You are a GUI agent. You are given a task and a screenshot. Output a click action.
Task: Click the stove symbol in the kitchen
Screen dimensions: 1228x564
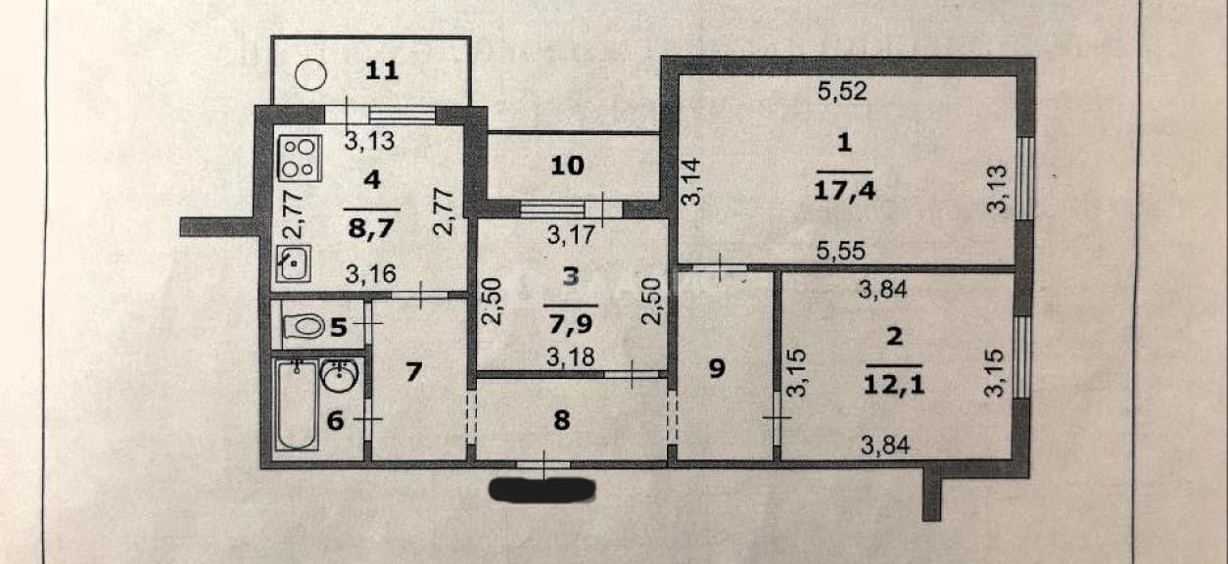pyautogui.click(x=300, y=158)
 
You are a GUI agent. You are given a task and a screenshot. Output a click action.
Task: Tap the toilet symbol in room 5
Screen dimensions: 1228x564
pyautogui.click(x=304, y=327)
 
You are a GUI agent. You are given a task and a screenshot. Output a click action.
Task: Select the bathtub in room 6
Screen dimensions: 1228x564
pyautogui.click(x=296, y=404)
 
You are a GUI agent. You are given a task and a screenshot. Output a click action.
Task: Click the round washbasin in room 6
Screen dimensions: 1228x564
pyautogui.click(x=340, y=375)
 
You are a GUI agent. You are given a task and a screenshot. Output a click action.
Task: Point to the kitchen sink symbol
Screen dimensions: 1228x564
pyautogui.click(x=294, y=263)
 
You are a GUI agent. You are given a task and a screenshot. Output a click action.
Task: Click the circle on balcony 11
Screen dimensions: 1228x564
pyautogui.click(x=310, y=74)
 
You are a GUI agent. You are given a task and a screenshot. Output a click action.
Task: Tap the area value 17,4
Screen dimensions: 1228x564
pyautogui.click(x=844, y=191)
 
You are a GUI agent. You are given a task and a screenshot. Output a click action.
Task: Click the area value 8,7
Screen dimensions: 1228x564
pyautogui.click(x=371, y=227)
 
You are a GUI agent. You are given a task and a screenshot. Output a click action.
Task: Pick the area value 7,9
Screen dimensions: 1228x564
pyautogui.click(x=571, y=323)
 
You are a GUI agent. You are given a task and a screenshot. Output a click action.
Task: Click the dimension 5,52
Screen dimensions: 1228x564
pyautogui.click(x=842, y=91)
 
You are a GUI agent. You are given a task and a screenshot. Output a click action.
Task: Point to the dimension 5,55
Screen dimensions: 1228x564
pyautogui.click(x=841, y=251)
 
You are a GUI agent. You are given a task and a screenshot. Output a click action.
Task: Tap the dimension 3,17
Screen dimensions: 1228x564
pyautogui.click(x=571, y=235)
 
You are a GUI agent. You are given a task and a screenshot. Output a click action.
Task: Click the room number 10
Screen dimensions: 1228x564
pyautogui.click(x=567, y=165)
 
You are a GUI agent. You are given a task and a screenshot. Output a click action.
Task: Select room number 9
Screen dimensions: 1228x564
pyautogui.click(x=717, y=368)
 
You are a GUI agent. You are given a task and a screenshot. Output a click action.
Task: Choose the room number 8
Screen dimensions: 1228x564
pyautogui.click(x=562, y=421)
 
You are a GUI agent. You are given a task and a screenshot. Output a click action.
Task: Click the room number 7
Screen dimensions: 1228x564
pyautogui.click(x=414, y=372)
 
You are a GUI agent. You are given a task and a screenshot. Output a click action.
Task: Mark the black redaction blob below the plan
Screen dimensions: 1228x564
pyautogui.click(x=542, y=490)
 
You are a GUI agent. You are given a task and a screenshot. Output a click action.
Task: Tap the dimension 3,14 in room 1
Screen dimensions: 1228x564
pyautogui.click(x=692, y=182)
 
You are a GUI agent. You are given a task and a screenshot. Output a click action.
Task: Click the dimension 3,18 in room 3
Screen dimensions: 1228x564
pyautogui.click(x=571, y=357)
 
